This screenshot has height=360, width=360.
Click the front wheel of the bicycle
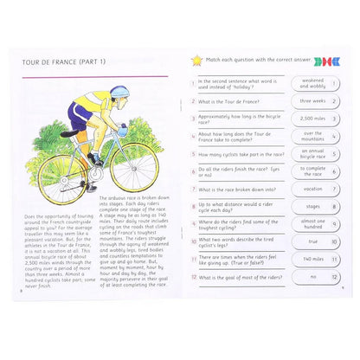135,166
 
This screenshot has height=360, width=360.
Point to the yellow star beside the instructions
196,60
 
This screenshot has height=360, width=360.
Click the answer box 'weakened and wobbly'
313,84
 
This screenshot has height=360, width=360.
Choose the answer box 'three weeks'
313,101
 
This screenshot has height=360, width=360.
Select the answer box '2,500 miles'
313,119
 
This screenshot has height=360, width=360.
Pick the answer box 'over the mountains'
313,136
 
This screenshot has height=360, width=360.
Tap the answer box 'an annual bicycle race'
313,153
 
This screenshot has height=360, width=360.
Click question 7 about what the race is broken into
237,189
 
